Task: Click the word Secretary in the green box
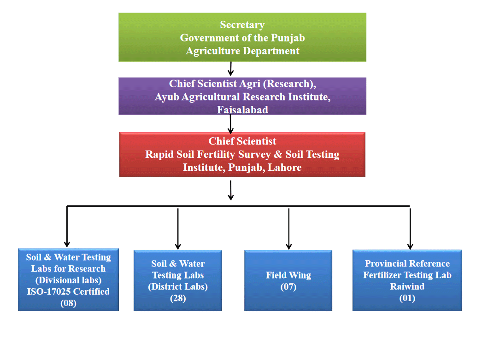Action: click(242, 25)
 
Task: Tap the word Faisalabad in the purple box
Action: click(242, 110)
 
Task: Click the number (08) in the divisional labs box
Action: click(68, 303)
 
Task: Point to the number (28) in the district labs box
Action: click(178, 298)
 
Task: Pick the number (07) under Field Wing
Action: click(288, 287)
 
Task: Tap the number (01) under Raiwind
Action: click(407, 298)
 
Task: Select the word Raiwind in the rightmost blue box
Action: click(407, 286)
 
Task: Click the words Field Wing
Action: click(288, 275)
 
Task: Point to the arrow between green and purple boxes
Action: click(231, 69)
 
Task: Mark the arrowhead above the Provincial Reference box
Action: click(410, 244)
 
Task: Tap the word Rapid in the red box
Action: click(159, 155)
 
